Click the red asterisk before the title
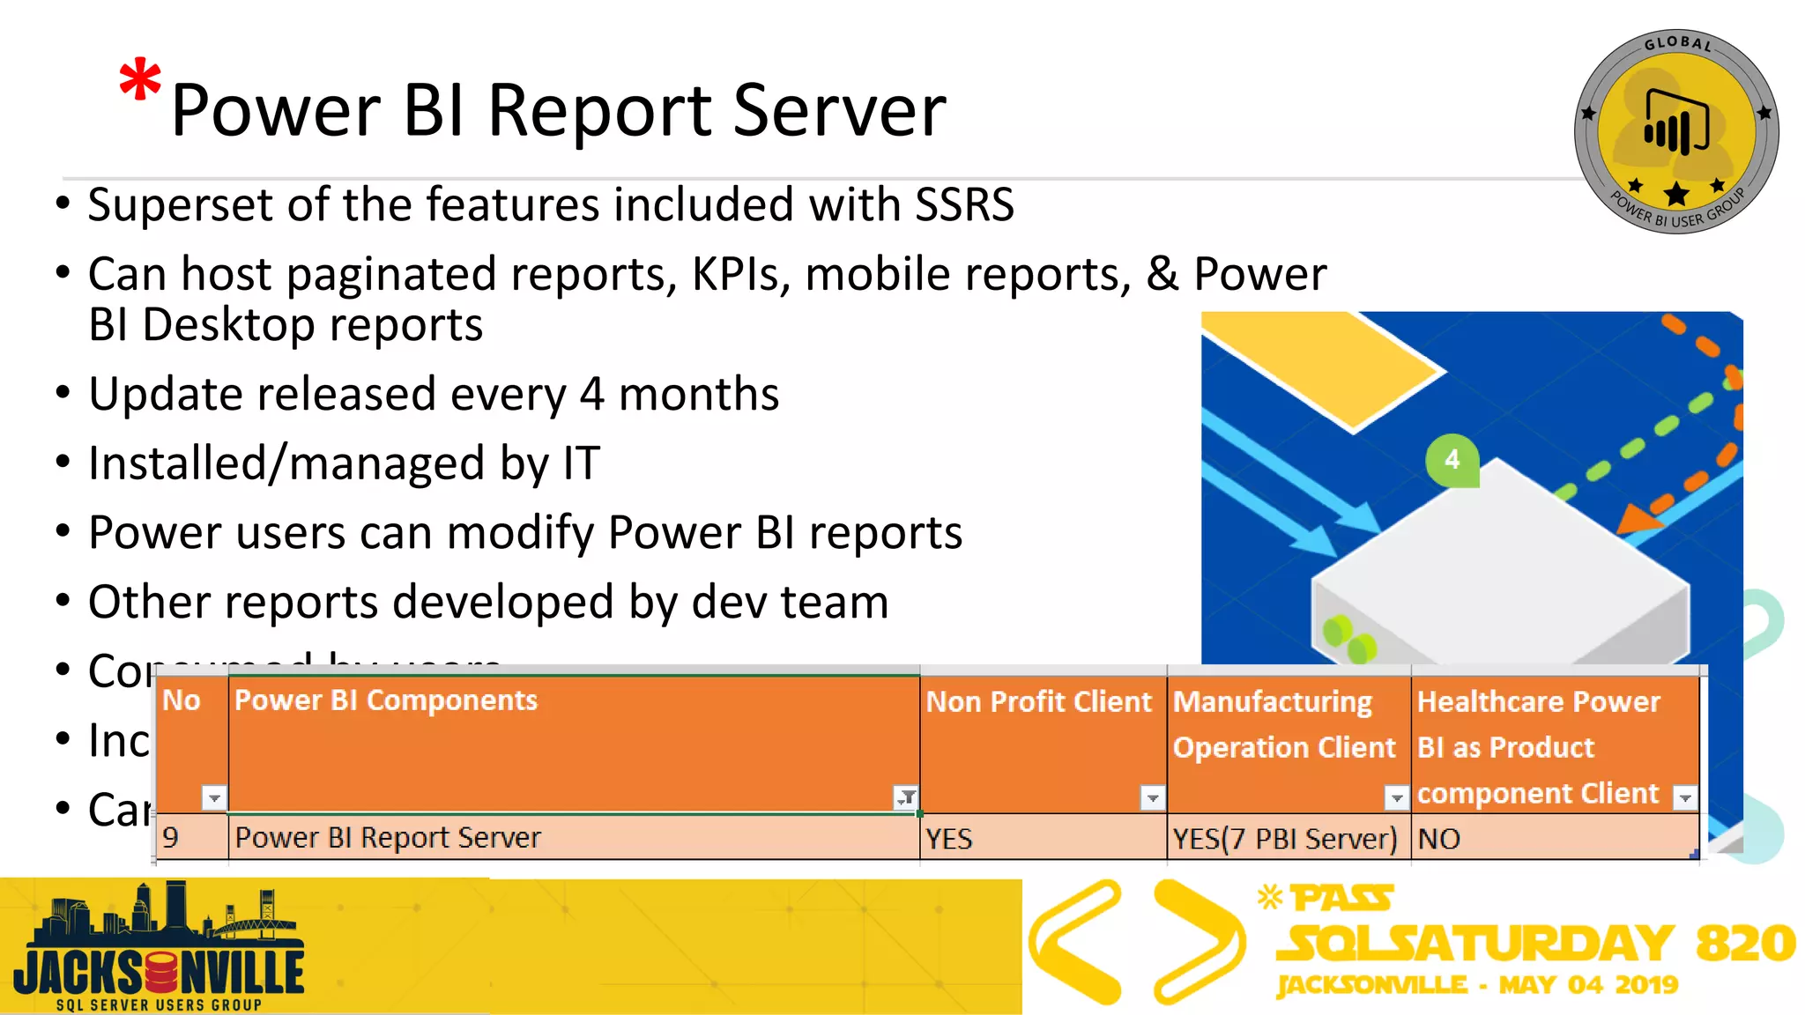click(140, 81)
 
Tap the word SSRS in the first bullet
click(964, 204)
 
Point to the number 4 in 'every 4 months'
click(591, 394)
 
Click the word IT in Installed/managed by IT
click(581, 463)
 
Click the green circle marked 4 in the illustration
click(1452, 459)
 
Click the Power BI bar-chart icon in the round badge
click(1676, 122)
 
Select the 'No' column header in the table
click(182, 701)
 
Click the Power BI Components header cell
click(386, 701)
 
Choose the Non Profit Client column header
click(1038, 702)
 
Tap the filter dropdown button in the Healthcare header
click(1684, 798)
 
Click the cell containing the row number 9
click(172, 838)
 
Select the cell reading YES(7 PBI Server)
click(1284, 839)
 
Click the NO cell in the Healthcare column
click(1439, 839)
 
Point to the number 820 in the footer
click(1745, 944)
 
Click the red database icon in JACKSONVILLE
click(161, 973)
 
